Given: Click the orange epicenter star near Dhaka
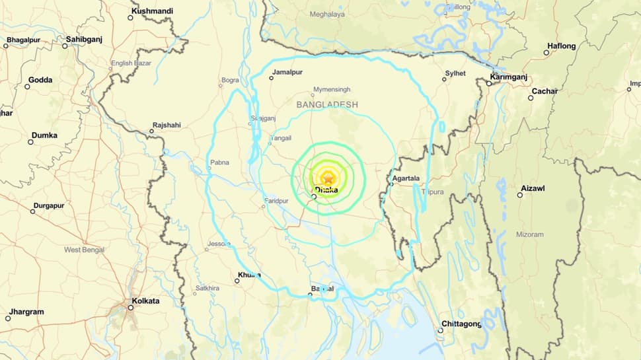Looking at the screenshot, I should pyautogui.click(x=328, y=177).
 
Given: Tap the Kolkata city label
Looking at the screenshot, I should pyautogui.click(x=145, y=301).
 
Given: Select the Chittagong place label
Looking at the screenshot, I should pyautogui.click(x=463, y=324).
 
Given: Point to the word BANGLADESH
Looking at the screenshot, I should pyautogui.click(x=327, y=105).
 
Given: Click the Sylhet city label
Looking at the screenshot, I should pyautogui.click(x=455, y=73).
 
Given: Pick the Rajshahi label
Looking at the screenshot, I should pyautogui.click(x=167, y=125).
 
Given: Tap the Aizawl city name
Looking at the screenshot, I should pyautogui.click(x=533, y=188).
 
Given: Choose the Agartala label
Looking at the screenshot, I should pyautogui.click(x=406, y=178).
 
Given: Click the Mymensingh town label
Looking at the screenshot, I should pyautogui.click(x=332, y=89).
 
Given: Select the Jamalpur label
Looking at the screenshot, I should pyautogui.click(x=287, y=71).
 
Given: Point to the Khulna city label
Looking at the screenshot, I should pyautogui.click(x=249, y=275).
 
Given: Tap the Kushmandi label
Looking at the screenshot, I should pyautogui.click(x=153, y=11).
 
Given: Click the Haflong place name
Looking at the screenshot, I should pyautogui.click(x=561, y=46).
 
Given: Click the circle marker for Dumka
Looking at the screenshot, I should pyautogui.click(x=30, y=142).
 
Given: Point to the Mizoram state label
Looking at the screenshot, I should pyautogui.click(x=530, y=234).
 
